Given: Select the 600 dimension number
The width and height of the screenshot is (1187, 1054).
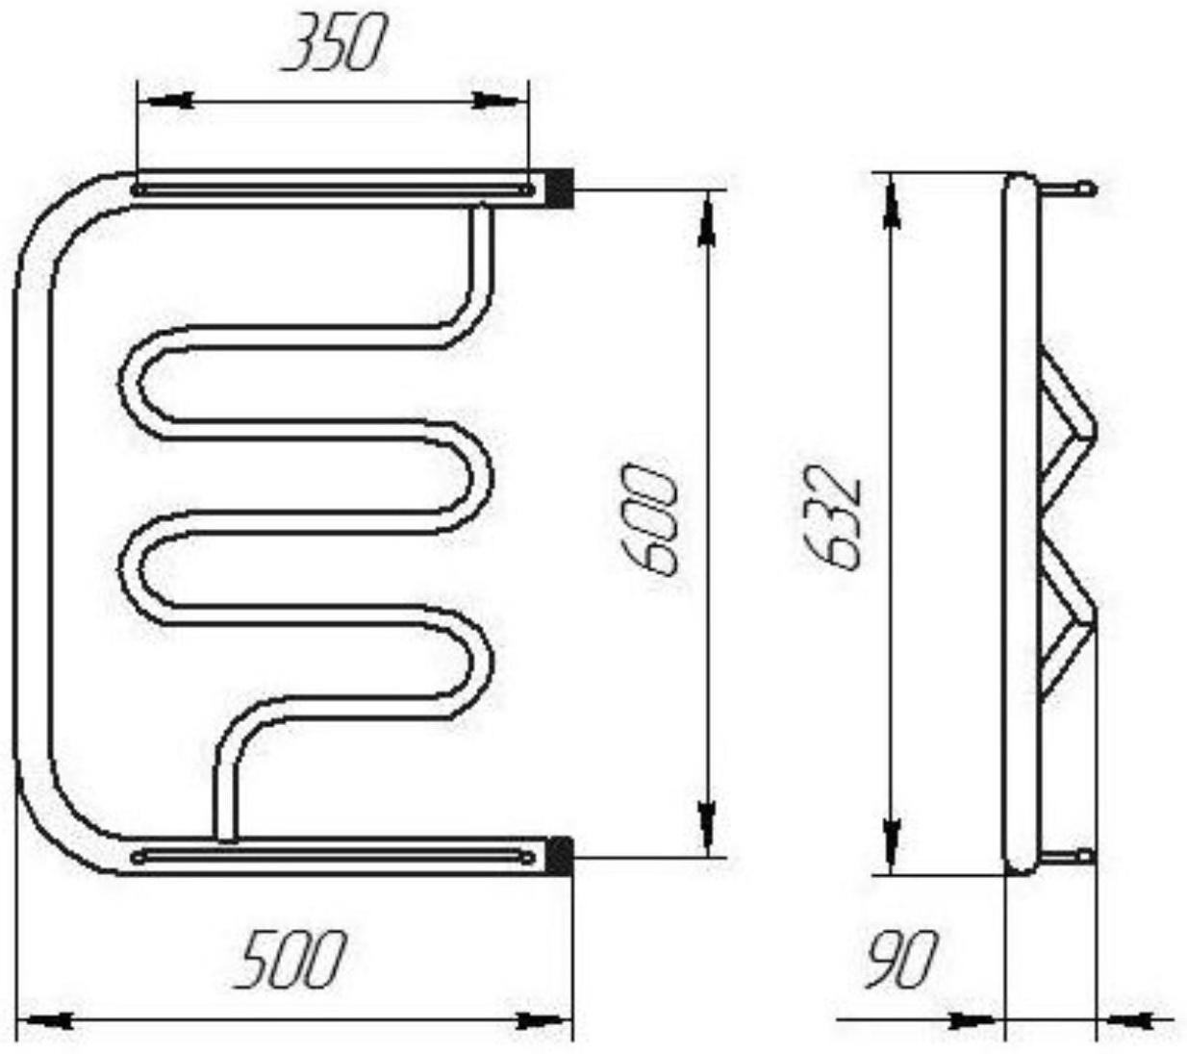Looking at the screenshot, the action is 649,518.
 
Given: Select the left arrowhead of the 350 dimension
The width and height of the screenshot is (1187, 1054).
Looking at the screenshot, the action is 170,101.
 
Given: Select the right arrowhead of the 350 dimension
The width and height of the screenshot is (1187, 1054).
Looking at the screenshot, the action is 495,101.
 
